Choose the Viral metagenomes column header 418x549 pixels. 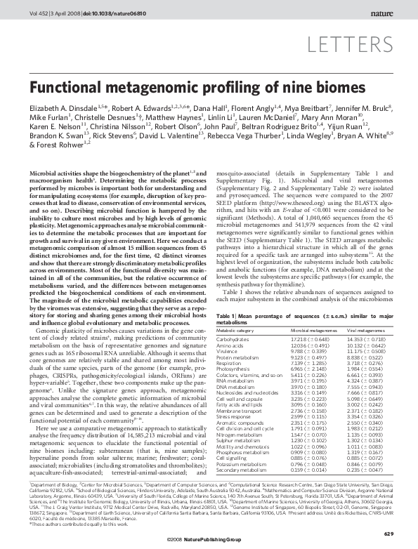coord(370,329)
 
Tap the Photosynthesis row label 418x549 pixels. coord(233,367)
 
